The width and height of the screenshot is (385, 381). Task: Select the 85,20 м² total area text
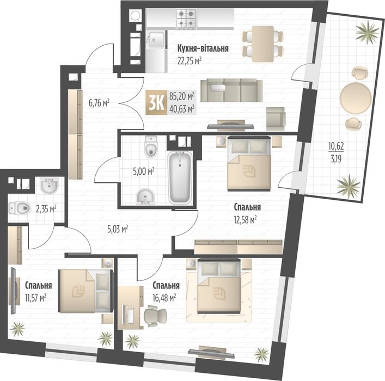[182, 96]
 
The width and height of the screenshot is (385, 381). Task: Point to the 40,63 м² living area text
[182, 108]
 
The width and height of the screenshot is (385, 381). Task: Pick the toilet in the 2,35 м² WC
[20, 207]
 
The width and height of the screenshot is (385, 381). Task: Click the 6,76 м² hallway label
[100, 101]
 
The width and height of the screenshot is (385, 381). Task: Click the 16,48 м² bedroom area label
[164, 297]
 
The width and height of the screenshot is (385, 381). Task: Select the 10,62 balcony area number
[335, 145]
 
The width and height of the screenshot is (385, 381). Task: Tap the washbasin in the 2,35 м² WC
[49, 186]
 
